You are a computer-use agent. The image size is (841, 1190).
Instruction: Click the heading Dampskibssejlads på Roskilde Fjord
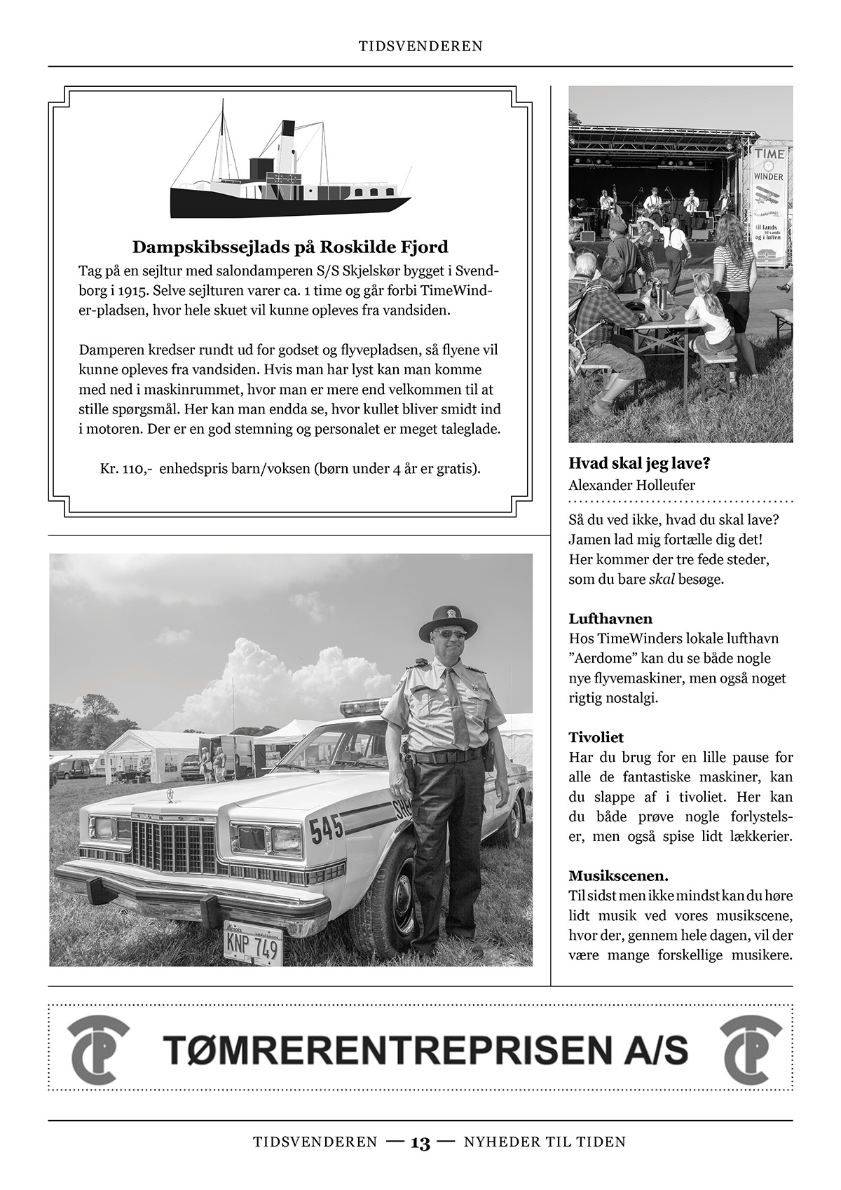pyautogui.click(x=290, y=247)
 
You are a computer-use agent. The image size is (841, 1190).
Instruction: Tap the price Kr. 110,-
pyautogui.click(x=126, y=468)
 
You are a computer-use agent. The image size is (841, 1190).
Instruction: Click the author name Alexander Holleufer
pyautogui.click(x=631, y=485)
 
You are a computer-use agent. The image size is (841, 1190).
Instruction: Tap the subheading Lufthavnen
pyautogui.click(x=610, y=619)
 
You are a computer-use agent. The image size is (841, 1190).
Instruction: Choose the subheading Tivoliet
pyautogui.click(x=596, y=737)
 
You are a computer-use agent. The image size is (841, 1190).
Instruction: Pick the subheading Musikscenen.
pyautogui.click(x=618, y=876)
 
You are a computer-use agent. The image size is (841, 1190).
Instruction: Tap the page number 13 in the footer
pyautogui.click(x=420, y=1144)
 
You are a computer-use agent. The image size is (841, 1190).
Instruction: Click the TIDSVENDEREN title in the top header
pyautogui.click(x=420, y=46)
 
